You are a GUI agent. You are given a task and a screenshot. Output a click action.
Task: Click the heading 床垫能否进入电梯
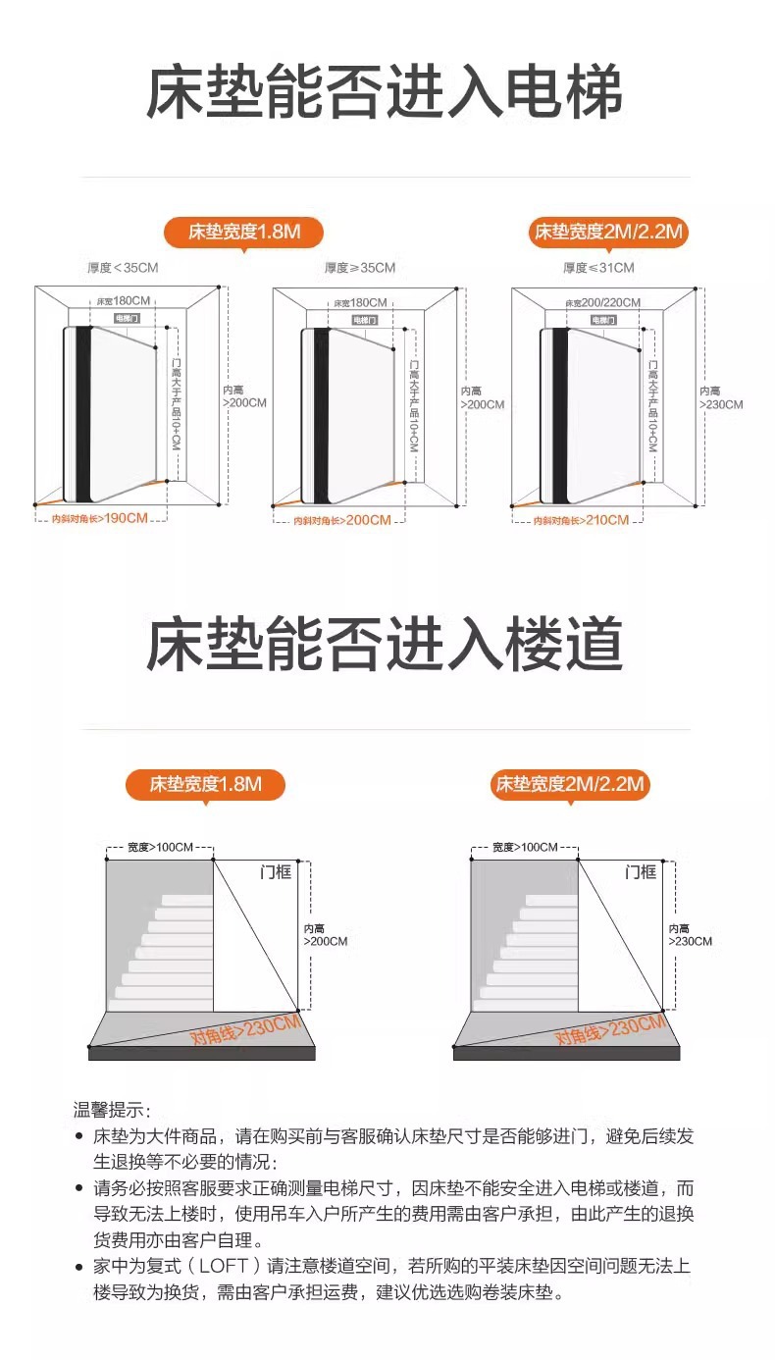pyautogui.click(x=385, y=94)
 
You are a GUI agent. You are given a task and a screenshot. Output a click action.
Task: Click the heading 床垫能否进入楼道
pyautogui.click(x=385, y=645)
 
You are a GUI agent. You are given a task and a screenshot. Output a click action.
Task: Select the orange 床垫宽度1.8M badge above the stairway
pyautogui.click(x=205, y=784)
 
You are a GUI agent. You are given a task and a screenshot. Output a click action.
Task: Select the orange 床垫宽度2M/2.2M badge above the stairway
pyautogui.click(x=570, y=784)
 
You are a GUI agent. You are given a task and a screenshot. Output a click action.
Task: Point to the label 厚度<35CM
pyautogui.click(x=123, y=267)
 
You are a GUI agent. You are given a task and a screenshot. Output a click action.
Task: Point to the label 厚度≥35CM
pyautogui.click(x=359, y=267)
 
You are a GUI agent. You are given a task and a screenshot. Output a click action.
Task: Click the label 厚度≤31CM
pyautogui.click(x=597, y=267)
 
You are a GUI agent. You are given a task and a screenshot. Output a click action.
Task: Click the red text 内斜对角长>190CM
pyautogui.click(x=99, y=518)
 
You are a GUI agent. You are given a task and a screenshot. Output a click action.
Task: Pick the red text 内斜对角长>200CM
pyautogui.click(x=341, y=520)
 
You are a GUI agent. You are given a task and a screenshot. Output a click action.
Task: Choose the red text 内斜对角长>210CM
pyautogui.click(x=580, y=520)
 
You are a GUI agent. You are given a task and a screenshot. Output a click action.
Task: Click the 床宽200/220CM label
pyautogui.click(x=602, y=302)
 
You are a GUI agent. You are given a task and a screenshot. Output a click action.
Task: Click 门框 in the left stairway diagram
pyautogui.click(x=276, y=871)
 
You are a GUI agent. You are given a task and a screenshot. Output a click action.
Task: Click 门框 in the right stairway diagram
pyautogui.click(x=641, y=871)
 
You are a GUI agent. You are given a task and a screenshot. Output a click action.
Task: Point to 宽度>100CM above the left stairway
pyautogui.click(x=160, y=847)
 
